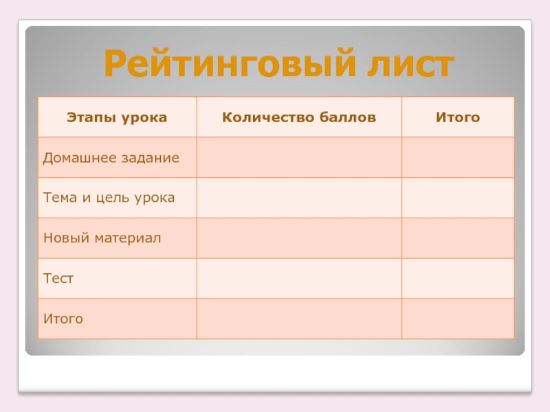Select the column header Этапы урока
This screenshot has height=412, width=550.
(x=117, y=117)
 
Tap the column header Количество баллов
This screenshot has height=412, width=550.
(x=299, y=117)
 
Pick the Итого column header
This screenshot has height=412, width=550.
(x=457, y=117)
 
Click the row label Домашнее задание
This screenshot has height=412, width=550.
(x=111, y=158)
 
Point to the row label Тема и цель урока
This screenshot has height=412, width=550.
(x=109, y=198)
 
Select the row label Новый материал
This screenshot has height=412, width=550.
(x=102, y=238)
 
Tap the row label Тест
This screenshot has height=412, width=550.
(x=58, y=279)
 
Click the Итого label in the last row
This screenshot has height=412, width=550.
(x=63, y=319)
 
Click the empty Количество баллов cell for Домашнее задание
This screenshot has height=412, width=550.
(x=299, y=158)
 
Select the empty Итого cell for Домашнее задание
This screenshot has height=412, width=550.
(x=457, y=158)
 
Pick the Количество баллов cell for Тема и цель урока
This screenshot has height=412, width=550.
(x=299, y=198)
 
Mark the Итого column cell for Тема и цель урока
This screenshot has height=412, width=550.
(x=457, y=198)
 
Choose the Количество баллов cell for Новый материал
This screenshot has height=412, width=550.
(x=299, y=238)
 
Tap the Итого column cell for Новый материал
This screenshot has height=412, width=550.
(x=457, y=238)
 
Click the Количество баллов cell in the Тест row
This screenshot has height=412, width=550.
(x=299, y=279)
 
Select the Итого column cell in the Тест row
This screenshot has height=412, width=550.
(x=457, y=279)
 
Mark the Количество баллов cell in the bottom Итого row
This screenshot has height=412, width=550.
(x=299, y=319)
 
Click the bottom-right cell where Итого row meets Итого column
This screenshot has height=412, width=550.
(x=457, y=319)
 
